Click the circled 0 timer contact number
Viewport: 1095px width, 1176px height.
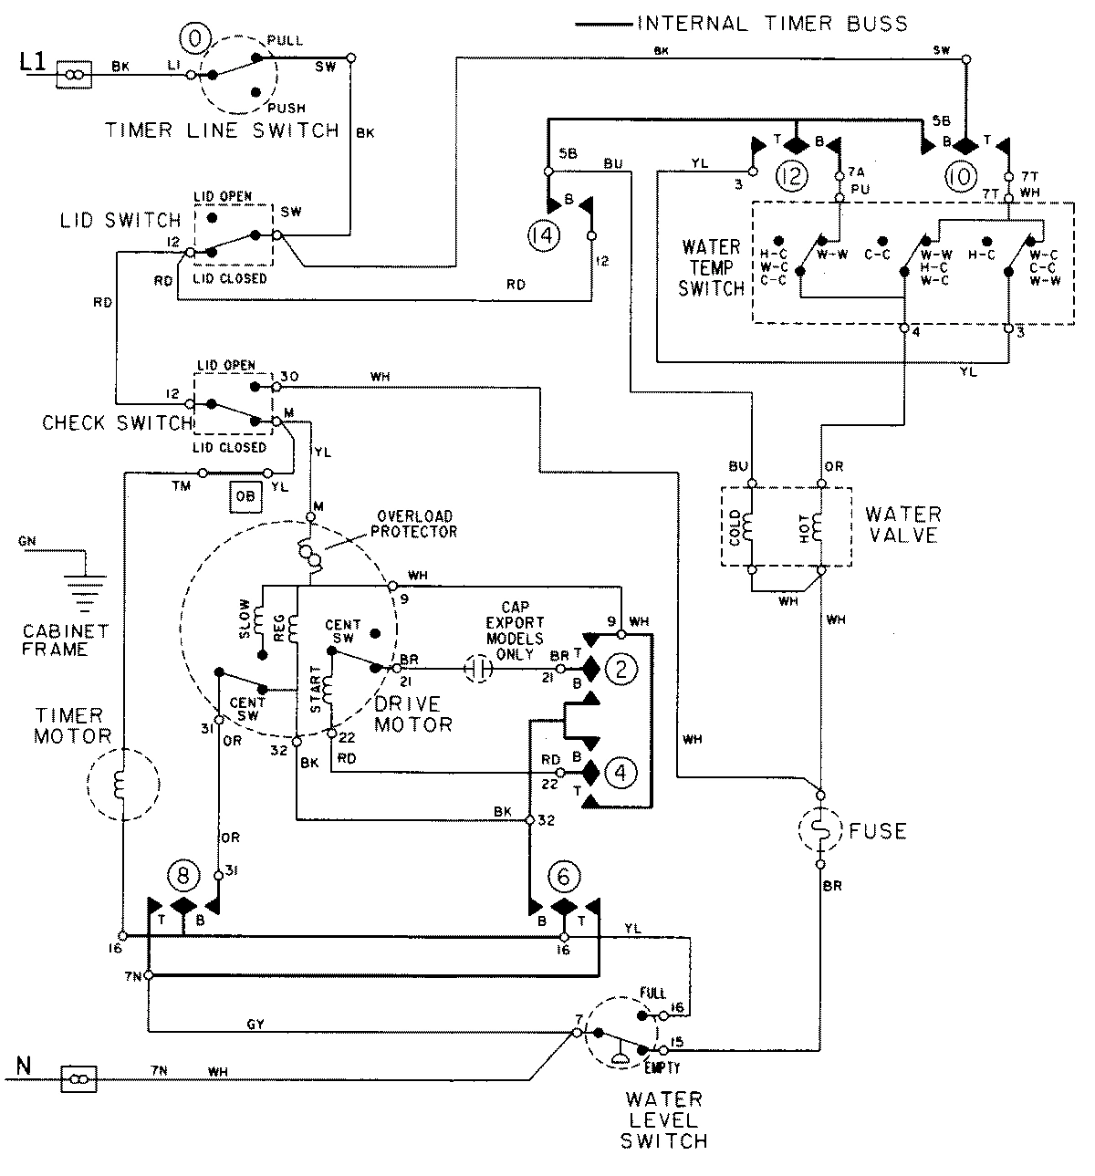(x=196, y=37)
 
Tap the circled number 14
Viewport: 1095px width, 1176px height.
(x=540, y=236)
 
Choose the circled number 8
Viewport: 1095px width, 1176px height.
(x=182, y=877)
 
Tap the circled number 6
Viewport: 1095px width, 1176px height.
(x=564, y=877)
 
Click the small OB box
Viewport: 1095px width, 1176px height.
(x=245, y=496)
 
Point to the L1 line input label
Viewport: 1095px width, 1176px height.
(x=31, y=63)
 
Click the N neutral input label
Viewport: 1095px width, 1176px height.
(x=25, y=1065)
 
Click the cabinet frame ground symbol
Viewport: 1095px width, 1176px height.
(x=87, y=588)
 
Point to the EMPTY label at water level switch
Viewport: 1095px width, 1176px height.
(x=660, y=1067)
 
